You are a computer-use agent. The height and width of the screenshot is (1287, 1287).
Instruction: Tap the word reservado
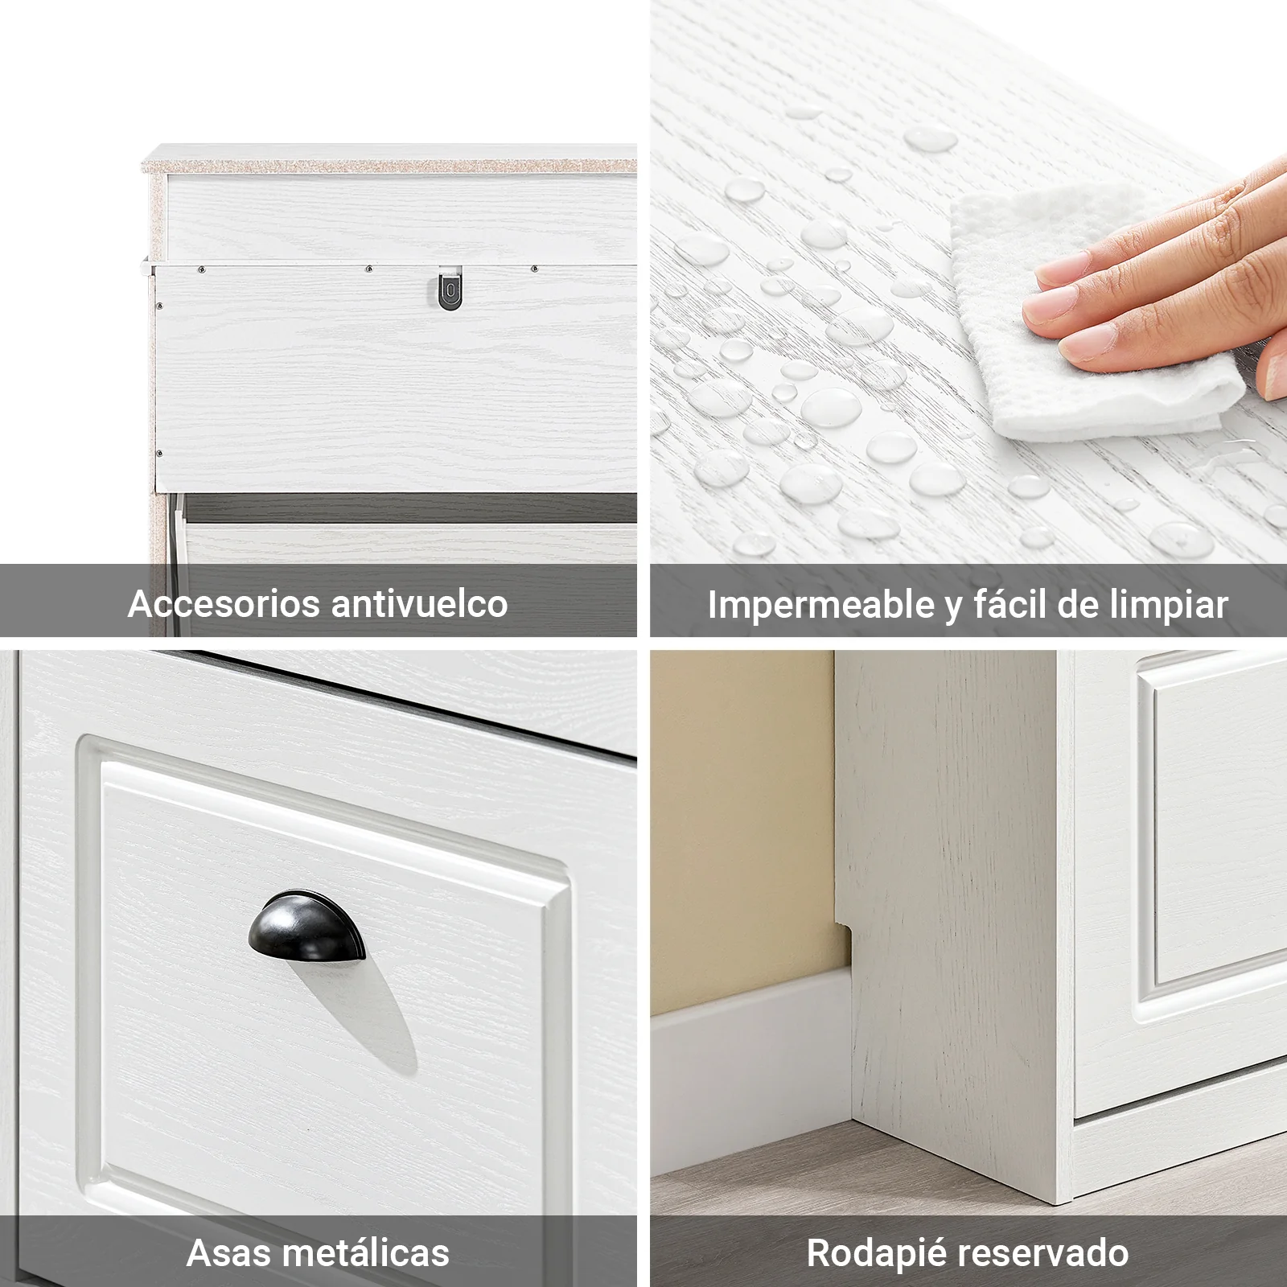[x=1045, y=1253]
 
